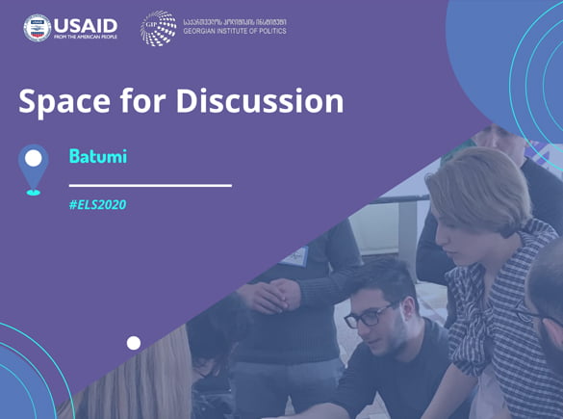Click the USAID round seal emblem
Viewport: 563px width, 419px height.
38,28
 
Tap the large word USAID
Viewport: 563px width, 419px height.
86,26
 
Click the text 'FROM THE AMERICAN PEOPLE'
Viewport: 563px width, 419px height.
86,37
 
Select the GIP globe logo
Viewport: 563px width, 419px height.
159,28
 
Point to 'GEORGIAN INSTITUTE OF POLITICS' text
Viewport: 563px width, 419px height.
235,31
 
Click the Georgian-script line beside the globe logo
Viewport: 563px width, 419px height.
235,22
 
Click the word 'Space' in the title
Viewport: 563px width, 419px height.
64,102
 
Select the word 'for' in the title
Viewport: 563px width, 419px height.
142,100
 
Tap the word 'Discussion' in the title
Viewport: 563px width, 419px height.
260,100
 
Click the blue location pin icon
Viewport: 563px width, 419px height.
34,170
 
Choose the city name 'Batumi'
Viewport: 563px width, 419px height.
98,156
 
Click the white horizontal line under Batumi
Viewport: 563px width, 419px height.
150,186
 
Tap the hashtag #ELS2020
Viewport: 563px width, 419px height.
97,205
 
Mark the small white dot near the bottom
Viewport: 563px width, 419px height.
134,343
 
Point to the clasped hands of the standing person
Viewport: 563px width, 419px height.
269,295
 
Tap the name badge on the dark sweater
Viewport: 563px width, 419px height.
295,256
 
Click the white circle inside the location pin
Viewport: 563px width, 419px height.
34,159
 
